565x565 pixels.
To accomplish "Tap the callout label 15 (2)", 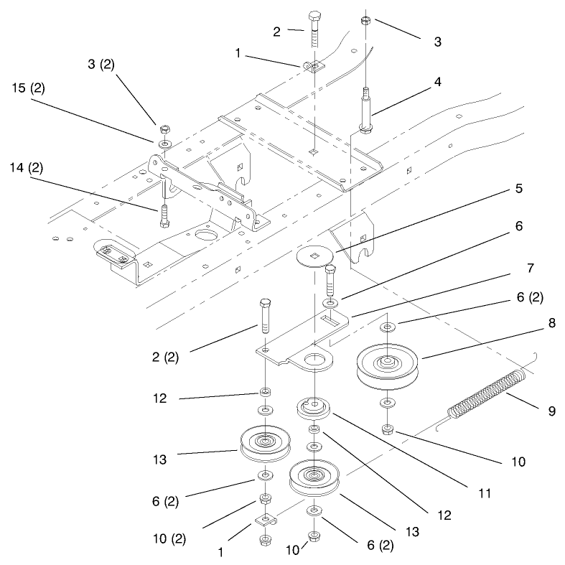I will tap(29, 88).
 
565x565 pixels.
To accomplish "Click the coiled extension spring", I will tap(487, 392).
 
